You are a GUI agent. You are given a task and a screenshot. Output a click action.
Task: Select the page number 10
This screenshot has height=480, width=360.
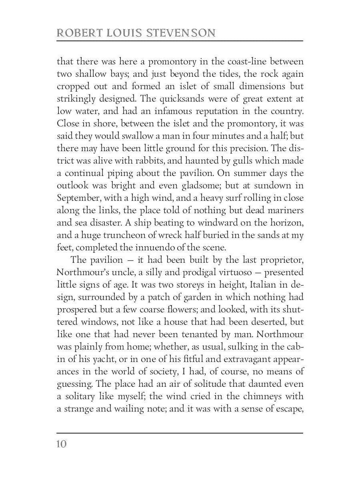point(62,444)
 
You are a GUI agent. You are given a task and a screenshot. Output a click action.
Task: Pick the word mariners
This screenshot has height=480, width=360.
point(282,210)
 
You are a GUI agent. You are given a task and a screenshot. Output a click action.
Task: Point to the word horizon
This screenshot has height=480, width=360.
point(284,223)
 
